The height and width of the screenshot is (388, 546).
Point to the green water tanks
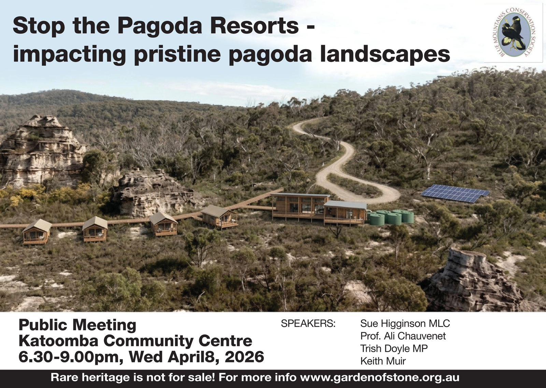[x=390, y=217]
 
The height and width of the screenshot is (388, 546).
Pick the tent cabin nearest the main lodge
[x=219, y=217]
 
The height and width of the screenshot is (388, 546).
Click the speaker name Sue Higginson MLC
[x=405, y=323]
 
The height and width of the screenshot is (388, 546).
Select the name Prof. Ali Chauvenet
[x=403, y=336]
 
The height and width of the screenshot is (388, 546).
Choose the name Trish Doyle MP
[x=394, y=348]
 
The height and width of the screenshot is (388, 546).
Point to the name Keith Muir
[x=383, y=361]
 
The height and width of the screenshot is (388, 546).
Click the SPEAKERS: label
[x=308, y=323]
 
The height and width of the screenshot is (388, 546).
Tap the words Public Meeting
[x=77, y=325]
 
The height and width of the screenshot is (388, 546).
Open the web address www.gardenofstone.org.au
[x=380, y=377]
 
